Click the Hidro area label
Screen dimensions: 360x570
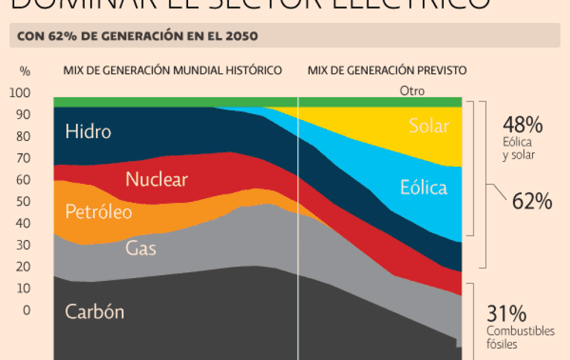[x=88, y=131]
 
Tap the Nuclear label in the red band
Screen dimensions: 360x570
[x=156, y=180]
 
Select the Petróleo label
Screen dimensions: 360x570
[x=98, y=212]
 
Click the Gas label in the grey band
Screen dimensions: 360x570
[x=140, y=248]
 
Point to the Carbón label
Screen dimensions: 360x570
[x=94, y=312]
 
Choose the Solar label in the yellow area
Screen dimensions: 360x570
[x=428, y=126]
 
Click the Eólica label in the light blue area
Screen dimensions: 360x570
[x=423, y=188]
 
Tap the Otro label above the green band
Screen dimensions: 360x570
[x=412, y=91]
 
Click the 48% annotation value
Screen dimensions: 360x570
[x=522, y=125]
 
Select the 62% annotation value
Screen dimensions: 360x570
[x=532, y=201]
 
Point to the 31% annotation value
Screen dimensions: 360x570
[x=506, y=314]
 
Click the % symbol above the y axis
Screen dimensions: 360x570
[x=25, y=71]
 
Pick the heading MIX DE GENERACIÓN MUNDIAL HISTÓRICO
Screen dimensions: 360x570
[x=172, y=71]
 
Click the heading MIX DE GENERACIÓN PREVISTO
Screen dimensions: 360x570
[x=387, y=71]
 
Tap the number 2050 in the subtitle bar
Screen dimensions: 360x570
[x=243, y=36]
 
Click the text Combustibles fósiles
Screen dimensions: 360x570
[x=520, y=337]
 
